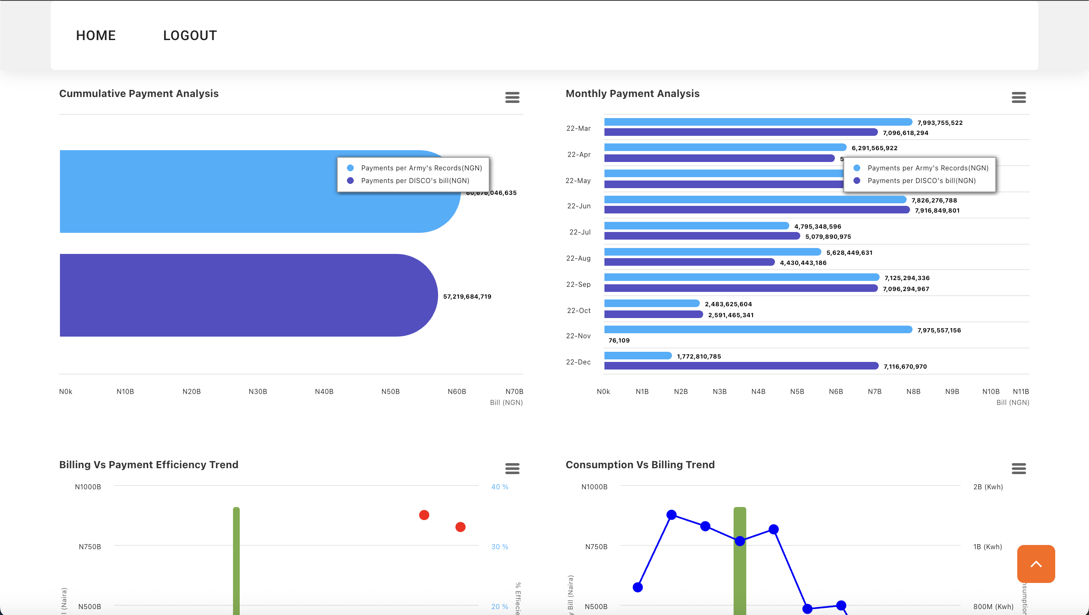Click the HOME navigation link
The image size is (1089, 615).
95,35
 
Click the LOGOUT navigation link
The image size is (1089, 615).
190,35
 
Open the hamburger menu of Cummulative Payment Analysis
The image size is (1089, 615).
512,97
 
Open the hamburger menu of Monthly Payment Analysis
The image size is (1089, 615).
1019,97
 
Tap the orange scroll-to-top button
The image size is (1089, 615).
1036,564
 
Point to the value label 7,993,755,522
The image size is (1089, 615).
940,123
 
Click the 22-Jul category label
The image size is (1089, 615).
580,232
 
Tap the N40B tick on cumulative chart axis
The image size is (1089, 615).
324,391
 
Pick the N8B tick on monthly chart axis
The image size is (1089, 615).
913,391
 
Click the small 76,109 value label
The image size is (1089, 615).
619,340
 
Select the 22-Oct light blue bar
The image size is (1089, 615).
651,303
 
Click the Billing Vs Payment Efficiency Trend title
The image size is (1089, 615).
149,465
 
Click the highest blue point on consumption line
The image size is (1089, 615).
671,515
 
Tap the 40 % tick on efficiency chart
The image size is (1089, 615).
499,487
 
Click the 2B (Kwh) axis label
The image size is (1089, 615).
988,487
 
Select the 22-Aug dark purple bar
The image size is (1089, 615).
689,262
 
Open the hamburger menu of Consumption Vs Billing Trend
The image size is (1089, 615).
1019,469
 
